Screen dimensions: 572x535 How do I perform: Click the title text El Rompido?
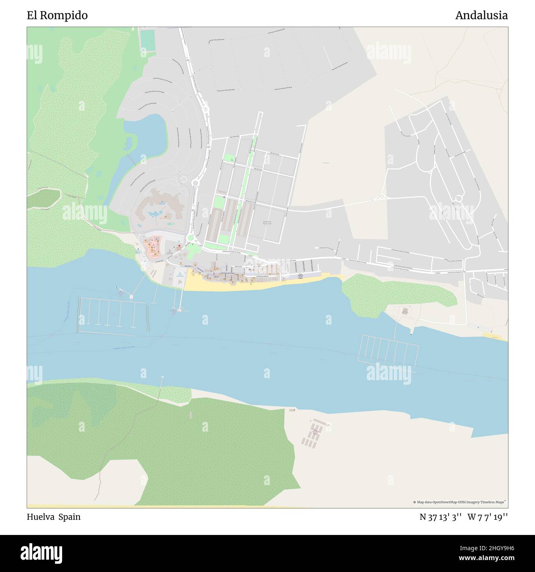[57, 16]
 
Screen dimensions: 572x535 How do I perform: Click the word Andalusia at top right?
[481, 16]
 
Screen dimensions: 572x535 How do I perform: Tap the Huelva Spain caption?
[53, 517]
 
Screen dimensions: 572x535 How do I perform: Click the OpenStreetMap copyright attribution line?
[459, 502]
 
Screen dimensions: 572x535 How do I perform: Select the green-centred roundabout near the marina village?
[191, 237]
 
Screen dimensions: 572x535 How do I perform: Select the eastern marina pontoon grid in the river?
[388, 349]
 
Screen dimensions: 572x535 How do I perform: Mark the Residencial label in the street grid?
[268, 223]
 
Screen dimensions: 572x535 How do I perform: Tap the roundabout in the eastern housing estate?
[459, 199]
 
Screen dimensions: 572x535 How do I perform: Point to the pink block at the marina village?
[152, 245]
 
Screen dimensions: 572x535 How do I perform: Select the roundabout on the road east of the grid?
[381, 196]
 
